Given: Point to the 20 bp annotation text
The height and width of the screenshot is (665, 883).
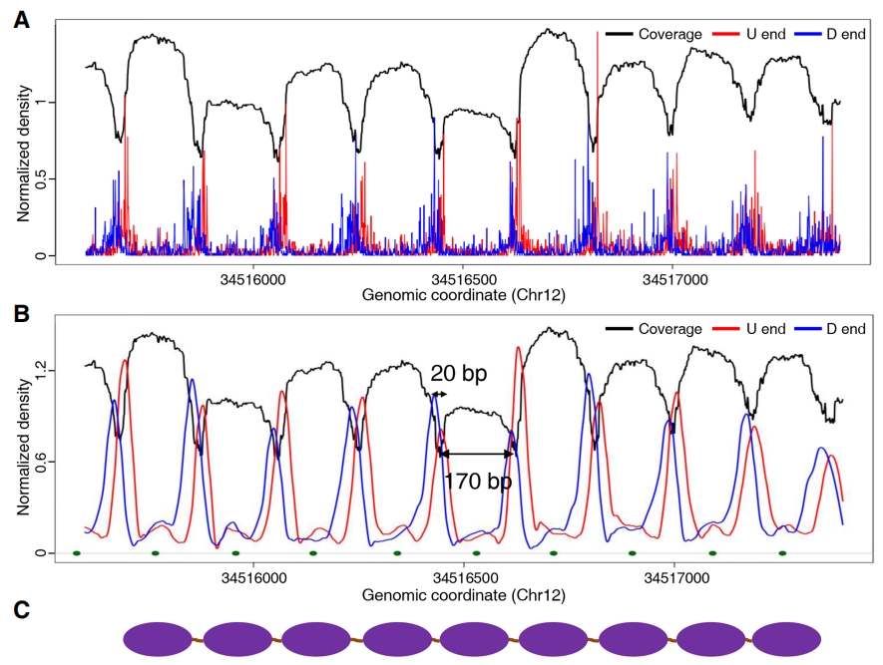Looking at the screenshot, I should pos(459,374).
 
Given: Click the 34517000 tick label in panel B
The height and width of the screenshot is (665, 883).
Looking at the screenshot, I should pos(674,577).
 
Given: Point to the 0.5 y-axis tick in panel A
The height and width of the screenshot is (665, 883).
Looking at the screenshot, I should pos(41,179).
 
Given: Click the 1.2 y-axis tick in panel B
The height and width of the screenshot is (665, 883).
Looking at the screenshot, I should pos(41,371).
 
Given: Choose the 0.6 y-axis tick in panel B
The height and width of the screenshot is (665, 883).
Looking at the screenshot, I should pos(41,462).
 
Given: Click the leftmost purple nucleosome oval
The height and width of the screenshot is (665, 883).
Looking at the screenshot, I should pos(160,639).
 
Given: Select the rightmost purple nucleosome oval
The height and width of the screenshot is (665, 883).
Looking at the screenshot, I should pos(787,639).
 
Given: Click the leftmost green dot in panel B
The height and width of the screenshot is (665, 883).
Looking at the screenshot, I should pos(76,552).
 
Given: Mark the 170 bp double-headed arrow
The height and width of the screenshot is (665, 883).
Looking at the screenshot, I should pos(476,454).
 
